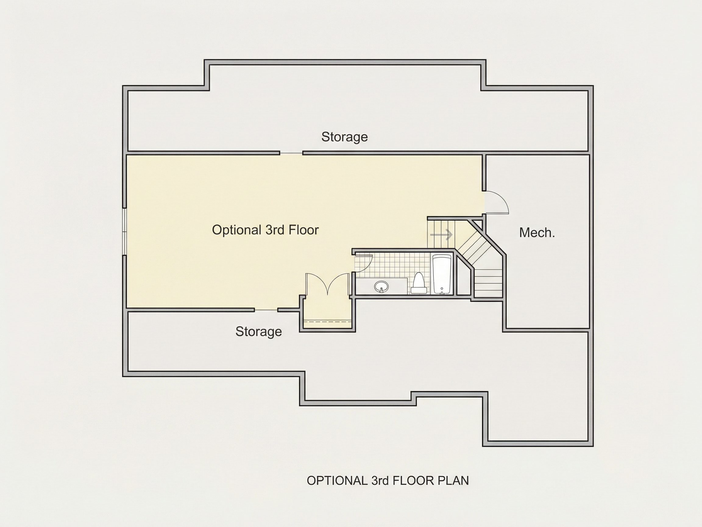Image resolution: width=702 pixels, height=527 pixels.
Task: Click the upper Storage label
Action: (345, 137)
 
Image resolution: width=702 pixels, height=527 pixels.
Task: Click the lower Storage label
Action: (259, 332)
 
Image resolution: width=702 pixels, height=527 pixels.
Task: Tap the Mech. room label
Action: (537, 233)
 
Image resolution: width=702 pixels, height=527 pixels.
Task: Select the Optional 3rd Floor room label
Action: (265, 230)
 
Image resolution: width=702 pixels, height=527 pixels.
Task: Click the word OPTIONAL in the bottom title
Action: (337, 481)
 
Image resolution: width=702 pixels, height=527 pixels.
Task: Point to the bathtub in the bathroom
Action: (442, 274)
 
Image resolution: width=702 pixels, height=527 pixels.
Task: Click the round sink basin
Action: (381, 287)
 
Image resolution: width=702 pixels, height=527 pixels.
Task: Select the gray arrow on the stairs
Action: (441, 235)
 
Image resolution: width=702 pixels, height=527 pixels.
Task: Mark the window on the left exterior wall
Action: (125, 232)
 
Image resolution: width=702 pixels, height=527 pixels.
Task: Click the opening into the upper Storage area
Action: (291, 153)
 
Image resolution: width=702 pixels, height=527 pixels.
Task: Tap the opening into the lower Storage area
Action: (266, 310)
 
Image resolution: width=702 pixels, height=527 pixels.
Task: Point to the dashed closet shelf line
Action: (328, 321)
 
